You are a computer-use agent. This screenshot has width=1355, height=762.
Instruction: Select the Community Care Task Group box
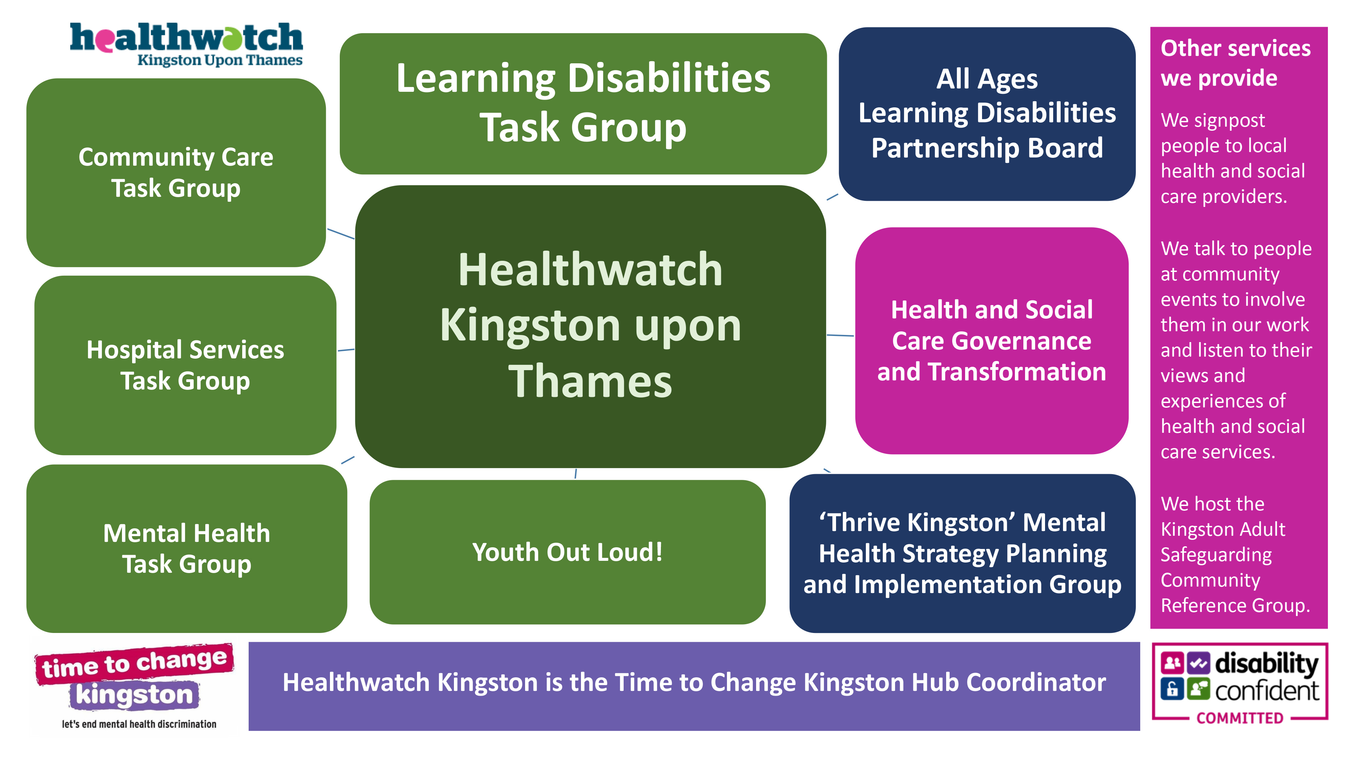point(176,172)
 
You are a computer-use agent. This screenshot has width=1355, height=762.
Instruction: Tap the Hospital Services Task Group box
point(185,365)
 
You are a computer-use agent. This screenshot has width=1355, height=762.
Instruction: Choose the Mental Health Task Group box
point(187,549)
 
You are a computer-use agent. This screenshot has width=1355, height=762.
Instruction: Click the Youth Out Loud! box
point(567,552)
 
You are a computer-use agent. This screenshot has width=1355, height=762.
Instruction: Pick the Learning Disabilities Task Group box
point(583,104)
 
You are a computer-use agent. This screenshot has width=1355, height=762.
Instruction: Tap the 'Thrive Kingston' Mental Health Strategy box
point(963,553)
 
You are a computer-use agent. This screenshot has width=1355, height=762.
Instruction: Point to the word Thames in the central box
point(590,381)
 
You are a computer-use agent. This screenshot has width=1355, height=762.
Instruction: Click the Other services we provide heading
point(1236,63)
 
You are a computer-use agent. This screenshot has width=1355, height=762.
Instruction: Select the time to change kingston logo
point(135,686)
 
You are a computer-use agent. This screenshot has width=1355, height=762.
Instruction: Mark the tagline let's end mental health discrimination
point(139,724)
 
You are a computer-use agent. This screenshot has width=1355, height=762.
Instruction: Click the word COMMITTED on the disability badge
point(1240,718)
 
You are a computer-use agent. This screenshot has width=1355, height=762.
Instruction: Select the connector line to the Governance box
point(840,335)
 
